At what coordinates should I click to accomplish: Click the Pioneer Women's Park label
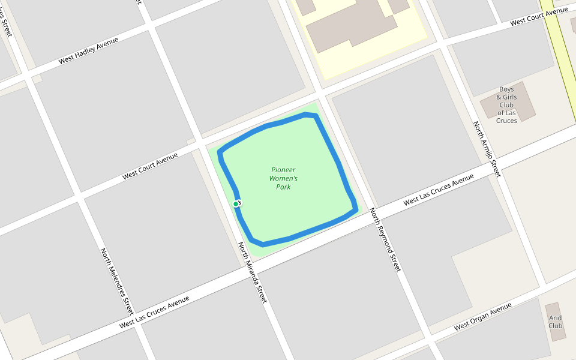(x=283, y=178)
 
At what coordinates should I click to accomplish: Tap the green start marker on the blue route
(x=236, y=204)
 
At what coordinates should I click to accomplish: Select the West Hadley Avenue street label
(x=88, y=51)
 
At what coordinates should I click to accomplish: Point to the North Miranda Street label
(x=251, y=272)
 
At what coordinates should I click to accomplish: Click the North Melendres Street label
(x=116, y=281)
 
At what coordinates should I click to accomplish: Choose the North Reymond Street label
(x=384, y=239)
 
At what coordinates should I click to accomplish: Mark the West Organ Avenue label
(x=482, y=317)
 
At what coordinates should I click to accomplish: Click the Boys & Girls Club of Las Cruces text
(x=506, y=105)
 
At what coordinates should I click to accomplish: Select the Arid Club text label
(x=556, y=322)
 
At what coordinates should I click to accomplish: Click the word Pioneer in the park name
(x=283, y=170)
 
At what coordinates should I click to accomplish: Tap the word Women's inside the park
(x=283, y=178)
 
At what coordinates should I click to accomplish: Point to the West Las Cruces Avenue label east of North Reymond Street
(x=438, y=190)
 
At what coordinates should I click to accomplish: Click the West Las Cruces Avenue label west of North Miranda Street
(x=154, y=311)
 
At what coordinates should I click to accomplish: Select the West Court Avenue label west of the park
(x=150, y=166)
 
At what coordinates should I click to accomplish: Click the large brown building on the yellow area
(x=351, y=24)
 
